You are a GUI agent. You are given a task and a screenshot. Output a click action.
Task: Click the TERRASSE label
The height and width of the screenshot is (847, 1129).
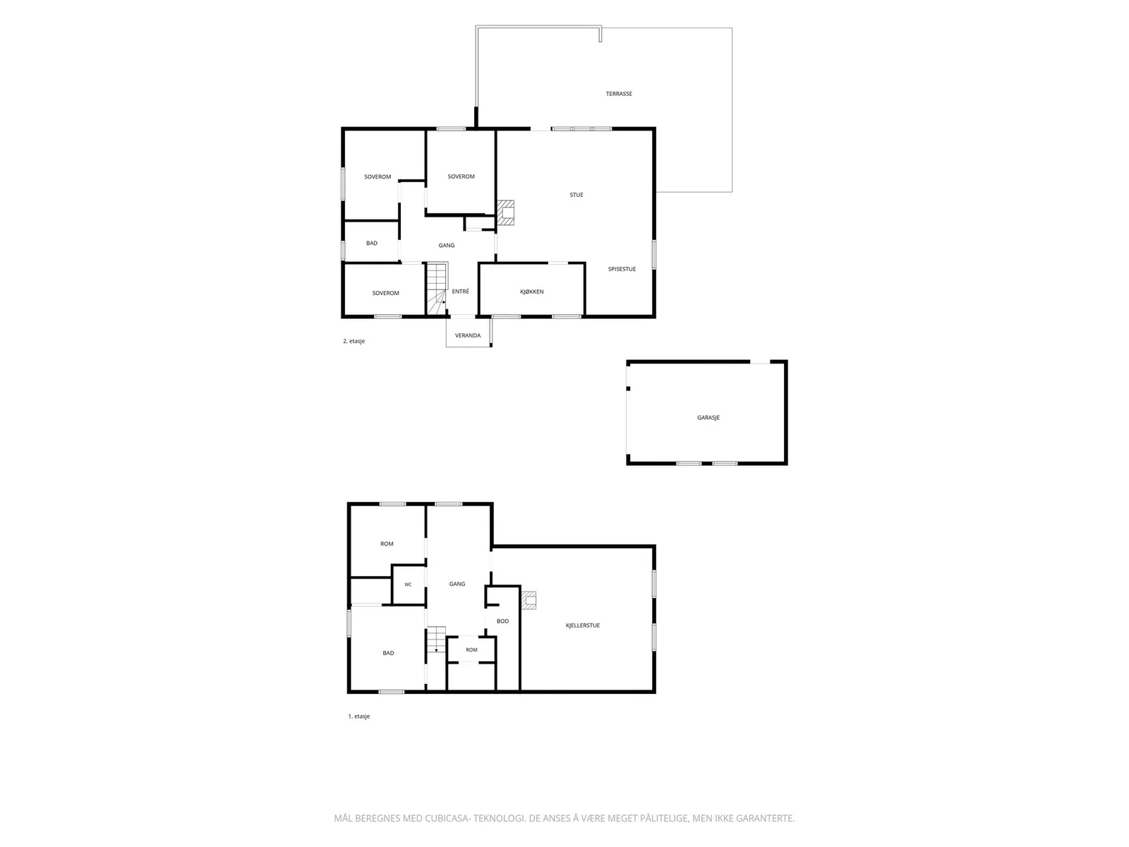coord(619,94)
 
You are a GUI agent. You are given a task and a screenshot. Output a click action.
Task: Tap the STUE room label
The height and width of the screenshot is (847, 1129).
coord(576,195)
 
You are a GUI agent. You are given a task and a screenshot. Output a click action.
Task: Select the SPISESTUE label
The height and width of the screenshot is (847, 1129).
coord(622,269)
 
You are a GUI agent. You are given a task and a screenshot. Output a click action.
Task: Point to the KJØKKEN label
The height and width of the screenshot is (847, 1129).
coord(532,292)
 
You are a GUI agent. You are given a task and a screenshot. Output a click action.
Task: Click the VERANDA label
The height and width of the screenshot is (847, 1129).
coord(468,335)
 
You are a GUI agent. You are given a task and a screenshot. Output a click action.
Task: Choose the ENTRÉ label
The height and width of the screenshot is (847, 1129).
coord(460,291)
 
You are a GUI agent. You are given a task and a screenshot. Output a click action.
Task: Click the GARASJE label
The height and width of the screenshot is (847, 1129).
coord(708,418)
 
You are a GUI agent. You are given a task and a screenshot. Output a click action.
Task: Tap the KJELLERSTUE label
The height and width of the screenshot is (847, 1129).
coord(583,625)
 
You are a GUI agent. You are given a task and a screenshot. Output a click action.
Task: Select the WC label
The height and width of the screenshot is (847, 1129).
coord(408,584)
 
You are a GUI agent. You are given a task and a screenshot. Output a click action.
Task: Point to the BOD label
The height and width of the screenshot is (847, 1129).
coord(502,621)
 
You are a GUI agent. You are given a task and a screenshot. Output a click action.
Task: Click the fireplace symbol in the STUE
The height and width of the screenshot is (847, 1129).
coord(506,212)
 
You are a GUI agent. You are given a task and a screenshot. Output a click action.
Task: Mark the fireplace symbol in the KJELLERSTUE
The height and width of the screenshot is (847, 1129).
coord(529,600)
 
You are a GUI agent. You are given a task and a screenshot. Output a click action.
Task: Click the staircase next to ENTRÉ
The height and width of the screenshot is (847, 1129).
coord(437,289)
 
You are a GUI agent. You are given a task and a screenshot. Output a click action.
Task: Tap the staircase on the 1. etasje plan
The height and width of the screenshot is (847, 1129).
coord(436,639)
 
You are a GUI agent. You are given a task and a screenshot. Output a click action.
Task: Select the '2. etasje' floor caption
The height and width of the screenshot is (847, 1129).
coord(354,341)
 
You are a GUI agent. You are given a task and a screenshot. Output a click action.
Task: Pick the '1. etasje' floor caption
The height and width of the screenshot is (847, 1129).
coord(359,716)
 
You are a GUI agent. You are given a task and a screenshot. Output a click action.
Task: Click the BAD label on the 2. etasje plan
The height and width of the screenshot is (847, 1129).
coord(371,244)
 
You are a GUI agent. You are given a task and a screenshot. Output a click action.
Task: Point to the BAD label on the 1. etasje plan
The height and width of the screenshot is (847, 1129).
coord(388,653)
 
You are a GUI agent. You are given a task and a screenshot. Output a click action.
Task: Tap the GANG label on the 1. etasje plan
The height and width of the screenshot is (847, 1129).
coord(457,584)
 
